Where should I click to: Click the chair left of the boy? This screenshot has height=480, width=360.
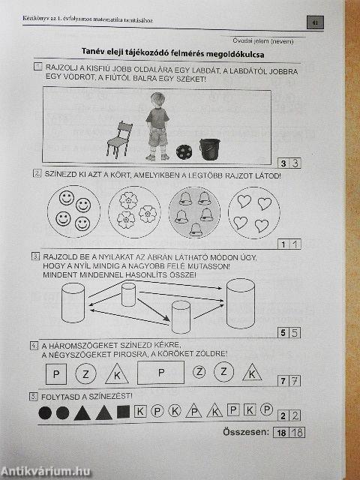point(118,139)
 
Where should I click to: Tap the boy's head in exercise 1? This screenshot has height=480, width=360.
point(157,100)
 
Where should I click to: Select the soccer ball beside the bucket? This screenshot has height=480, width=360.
point(183,151)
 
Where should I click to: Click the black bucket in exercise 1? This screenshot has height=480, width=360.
point(211,148)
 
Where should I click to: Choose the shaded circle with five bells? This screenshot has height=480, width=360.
point(193,211)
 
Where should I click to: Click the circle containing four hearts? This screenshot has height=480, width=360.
point(251,211)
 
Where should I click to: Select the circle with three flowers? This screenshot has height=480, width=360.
point(135,210)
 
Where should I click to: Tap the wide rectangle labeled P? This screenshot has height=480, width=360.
point(160,372)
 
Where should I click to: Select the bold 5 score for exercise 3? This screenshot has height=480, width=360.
point(282,332)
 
